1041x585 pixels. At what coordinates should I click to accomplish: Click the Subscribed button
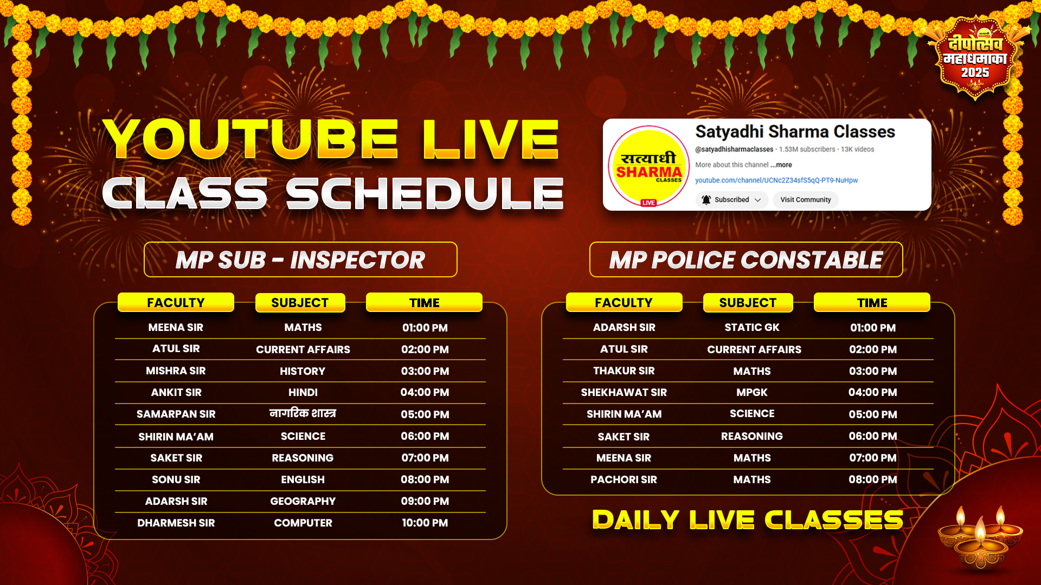731,200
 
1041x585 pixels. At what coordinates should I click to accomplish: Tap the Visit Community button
805,200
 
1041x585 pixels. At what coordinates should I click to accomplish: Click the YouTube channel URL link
776,180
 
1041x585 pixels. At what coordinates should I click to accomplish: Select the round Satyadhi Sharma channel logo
648,166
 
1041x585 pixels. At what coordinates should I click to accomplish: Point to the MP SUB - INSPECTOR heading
300,259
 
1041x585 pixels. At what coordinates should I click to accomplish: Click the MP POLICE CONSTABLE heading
746,259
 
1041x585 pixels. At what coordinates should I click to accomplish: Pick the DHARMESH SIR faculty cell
176,523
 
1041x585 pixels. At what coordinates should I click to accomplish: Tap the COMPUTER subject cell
303,523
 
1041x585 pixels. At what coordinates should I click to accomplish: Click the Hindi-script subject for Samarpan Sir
303,413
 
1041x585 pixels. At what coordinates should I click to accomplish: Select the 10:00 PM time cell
425,523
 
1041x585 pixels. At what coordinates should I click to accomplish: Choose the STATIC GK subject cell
752,327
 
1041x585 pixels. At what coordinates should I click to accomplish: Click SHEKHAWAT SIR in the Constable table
624,392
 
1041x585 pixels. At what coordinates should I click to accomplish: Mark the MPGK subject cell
752,392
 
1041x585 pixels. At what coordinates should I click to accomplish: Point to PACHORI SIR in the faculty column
624,479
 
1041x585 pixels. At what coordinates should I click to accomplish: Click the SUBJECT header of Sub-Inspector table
300,303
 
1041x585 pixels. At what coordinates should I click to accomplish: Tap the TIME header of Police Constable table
872,302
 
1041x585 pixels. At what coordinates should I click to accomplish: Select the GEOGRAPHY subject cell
303,501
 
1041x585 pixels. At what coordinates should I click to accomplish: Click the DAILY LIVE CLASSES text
748,520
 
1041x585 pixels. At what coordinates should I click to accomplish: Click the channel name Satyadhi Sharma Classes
795,132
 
